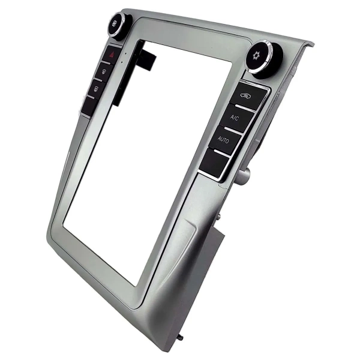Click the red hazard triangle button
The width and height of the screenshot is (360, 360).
click(x=112, y=55)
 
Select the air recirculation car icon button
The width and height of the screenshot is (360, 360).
click(x=248, y=95)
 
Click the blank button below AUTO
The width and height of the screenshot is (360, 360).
click(x=214, y=163)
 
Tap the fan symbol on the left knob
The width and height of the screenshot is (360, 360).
click(x=115, y=23)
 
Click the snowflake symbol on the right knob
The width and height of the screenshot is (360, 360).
click(x=256, y=55)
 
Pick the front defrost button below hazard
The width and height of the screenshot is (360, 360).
click(x=104, y=71)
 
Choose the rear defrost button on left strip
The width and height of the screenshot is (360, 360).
click(x=97, y=89)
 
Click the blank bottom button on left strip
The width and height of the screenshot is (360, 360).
click(x=89, y=106)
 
